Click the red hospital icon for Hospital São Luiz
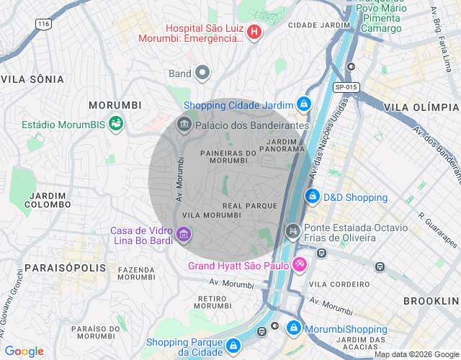point(254,32)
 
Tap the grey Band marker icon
point(202,72)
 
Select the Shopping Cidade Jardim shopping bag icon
point(304,105)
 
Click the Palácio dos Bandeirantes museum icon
point(184,125)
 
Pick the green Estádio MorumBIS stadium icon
point(115,125)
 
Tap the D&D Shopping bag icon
point(312,197)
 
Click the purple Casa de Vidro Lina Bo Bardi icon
point(183,235)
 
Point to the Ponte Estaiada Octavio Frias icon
point(292,231)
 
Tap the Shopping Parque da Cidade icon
point(233,347)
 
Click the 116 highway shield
point(45,24)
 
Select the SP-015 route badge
point(346,86)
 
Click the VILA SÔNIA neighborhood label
point(32,78)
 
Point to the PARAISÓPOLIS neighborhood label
point(55,268)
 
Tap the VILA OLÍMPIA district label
point(421,107)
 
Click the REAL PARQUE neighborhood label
point(250,206)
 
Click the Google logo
point(24,351)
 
